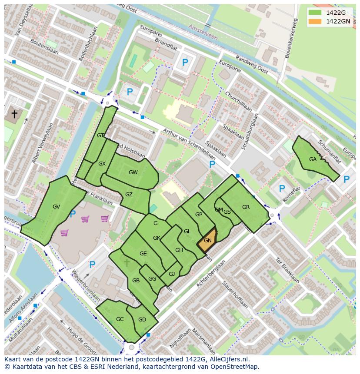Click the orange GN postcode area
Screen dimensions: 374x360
207,240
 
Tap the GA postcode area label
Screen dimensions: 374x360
313,159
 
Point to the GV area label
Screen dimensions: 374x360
56,207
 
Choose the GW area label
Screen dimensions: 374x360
133,172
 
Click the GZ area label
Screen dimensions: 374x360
129,195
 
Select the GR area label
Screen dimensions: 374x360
246,207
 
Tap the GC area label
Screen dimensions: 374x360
120,319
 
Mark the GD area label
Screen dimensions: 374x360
142,320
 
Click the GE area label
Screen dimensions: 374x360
143,254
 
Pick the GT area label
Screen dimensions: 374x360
100,136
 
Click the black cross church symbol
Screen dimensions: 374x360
14,114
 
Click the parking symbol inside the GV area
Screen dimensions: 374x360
73,214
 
